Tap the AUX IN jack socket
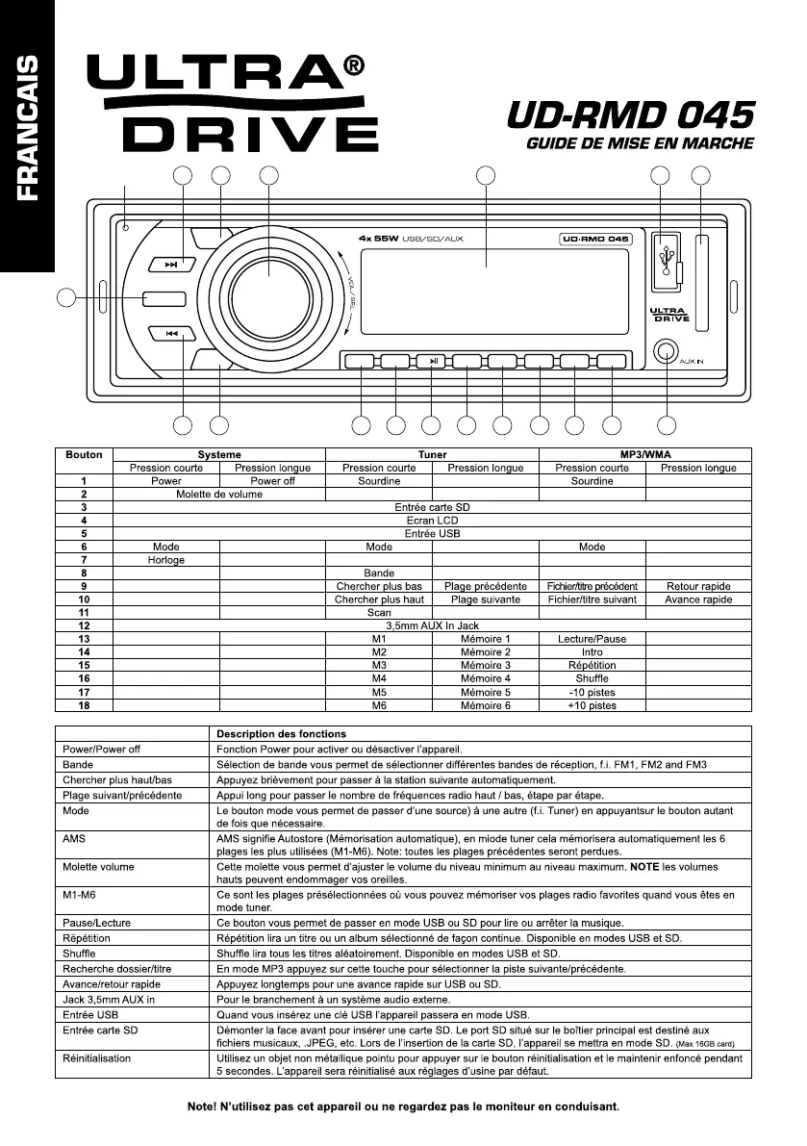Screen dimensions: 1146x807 pyautogui.click(x=664, y=352)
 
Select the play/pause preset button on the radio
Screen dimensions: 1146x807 pyautogui.click(x=434, y=362)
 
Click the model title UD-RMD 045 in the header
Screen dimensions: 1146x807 pyautogui.click(x=631, y=117)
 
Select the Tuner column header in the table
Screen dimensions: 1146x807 pyautogui.click(x=432, y=454)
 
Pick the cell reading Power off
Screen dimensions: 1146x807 pyautogui.click(x=272, y=481)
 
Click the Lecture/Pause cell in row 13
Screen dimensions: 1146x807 pyautogui.click(x=592, y=639)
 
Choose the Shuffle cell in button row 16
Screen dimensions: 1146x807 pyautogui.click(x=592, y=678)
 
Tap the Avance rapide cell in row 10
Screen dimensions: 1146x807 pyautogui.click(x=697, y=599)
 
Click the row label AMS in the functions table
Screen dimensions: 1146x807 pyautogui.click(x=74, y=839)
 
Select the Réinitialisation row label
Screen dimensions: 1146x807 pyautogui.click(x=97, y=1058)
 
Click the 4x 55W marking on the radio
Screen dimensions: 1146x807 pyautogui.click(x=378, y=238)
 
